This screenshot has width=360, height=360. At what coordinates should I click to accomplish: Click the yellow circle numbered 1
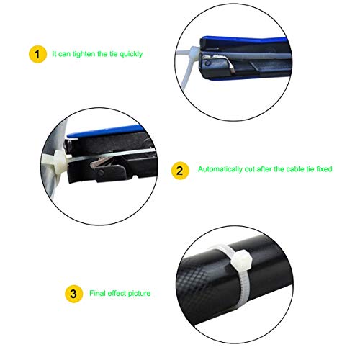[x=35, y=53]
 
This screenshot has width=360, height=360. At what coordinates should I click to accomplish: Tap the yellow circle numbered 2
[x=179, y=171]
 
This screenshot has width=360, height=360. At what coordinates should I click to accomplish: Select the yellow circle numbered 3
[x=73, y=294]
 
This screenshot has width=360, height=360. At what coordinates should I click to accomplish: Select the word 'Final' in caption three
[x=96, y=294]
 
